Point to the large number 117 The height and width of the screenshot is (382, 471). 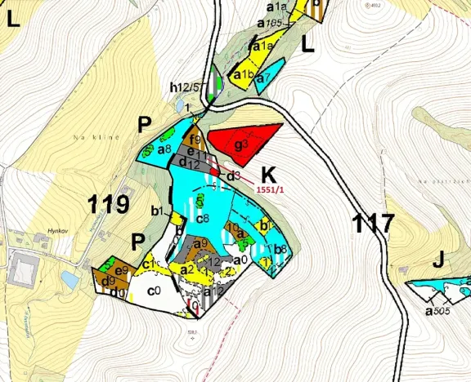(x=374, y=222)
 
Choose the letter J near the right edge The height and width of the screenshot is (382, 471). (x=439, y=260)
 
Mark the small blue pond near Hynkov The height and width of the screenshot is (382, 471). (x=70, y=280)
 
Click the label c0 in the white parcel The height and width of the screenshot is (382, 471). (x=153, y=291)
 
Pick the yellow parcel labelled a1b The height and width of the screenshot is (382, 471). (x=244, y=75)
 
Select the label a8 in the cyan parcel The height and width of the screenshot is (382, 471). (x=164, y=149)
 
